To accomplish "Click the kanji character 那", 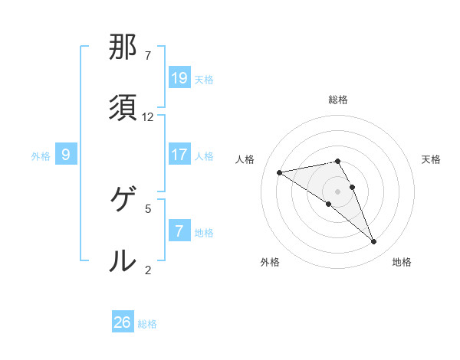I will coord(122,48).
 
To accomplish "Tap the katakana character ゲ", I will coord(122,201).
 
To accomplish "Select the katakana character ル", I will coord(122,261).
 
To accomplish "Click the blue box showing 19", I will coord(179,78).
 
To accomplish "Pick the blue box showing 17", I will coord(179,155).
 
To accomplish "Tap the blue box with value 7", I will coord(179,231).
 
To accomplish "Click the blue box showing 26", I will coord(123,322).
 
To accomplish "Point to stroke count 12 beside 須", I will coord(148,116).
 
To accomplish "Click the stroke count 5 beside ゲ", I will coord(148,208).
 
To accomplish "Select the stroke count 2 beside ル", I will coord(148,269).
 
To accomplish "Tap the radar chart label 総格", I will coord(338,100).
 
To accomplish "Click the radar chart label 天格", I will coord(431,159).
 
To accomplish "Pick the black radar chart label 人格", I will coord(245,159).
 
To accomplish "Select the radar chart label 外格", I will coord(270,262).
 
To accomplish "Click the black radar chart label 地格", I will coord(402,262).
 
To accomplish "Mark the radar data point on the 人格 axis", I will coord(280,172).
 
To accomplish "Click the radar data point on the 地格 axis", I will coord(374,242).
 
